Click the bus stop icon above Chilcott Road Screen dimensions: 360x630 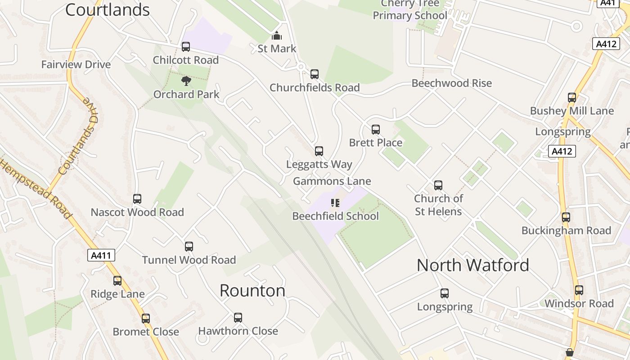pyautogui.click(x=186, y=47)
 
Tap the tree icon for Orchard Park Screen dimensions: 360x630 pyautogui.click(x=186, y=81)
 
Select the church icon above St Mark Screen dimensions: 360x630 pyautogui.click(x=277, y=36)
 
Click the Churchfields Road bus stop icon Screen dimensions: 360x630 pyautogui.click(x=315, y=74)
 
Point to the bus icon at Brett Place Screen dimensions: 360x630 pyautogui.click(x=376, y=130)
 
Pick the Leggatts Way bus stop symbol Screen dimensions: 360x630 pyautogui.click(x=319, y=151)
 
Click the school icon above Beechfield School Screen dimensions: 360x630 pyautogui.click(x=335, y=203)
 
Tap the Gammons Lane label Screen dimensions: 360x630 pyautogui.click(x=332, y=181)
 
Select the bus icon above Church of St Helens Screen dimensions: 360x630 pyautogui.click(x=438, y=185)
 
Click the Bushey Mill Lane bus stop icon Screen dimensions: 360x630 pyautogui.click(x=572, y=98)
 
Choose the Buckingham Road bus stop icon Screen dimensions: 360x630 pyautogui.click(x=566, y=217)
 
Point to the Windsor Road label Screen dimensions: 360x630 pyautogui.click(x=579, y=303)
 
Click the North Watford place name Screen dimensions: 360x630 pyautogui.click(x=472, y=265)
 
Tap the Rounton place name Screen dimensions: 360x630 pyautogui.click(x=252, y=291)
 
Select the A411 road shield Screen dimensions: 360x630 pyautogui.click(x=101, y=256)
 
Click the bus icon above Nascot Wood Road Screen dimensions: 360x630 pyautogui.click(x=137, y=199)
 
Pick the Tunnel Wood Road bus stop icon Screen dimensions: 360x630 pyautogui.click(x=189, y=247)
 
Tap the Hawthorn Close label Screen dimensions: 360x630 pyautogui.click(x=238, y=331)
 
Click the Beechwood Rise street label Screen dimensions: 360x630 pyautogui.click(x=452, y=83)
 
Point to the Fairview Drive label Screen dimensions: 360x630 pyautogui.click(x=76, y=64)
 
